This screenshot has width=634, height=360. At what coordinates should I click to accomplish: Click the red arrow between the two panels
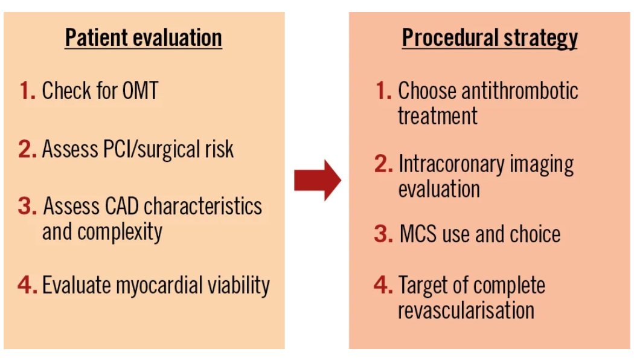[x=318, y=180]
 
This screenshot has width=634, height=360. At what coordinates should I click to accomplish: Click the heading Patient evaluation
[x=143, y=38]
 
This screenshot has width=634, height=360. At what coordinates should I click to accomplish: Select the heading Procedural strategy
[x=490, y=38]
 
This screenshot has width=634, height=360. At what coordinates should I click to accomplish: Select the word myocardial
[x=171, y=285]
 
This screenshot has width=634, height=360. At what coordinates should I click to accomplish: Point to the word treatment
[x=437, y=116]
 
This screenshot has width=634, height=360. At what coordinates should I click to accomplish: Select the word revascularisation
[x=466, y=310]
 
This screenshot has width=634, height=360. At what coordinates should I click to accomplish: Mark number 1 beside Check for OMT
[x=27, y=92]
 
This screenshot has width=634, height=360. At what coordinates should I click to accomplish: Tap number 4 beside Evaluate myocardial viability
[x=27, y=285]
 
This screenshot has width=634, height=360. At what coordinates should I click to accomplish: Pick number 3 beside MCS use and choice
[x=383, y=234]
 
